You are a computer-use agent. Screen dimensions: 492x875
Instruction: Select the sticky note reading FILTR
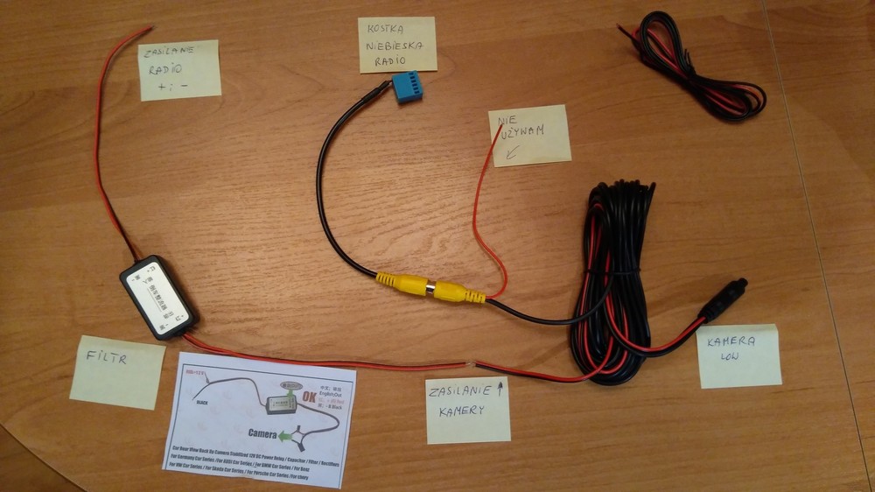click(x=116, y=371)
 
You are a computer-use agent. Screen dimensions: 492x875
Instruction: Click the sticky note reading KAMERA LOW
click(x=738, y=355)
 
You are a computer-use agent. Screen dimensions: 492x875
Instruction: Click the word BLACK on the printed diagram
click(x=202, y=404)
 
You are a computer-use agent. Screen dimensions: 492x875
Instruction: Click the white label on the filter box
click(x=157, y=296)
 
